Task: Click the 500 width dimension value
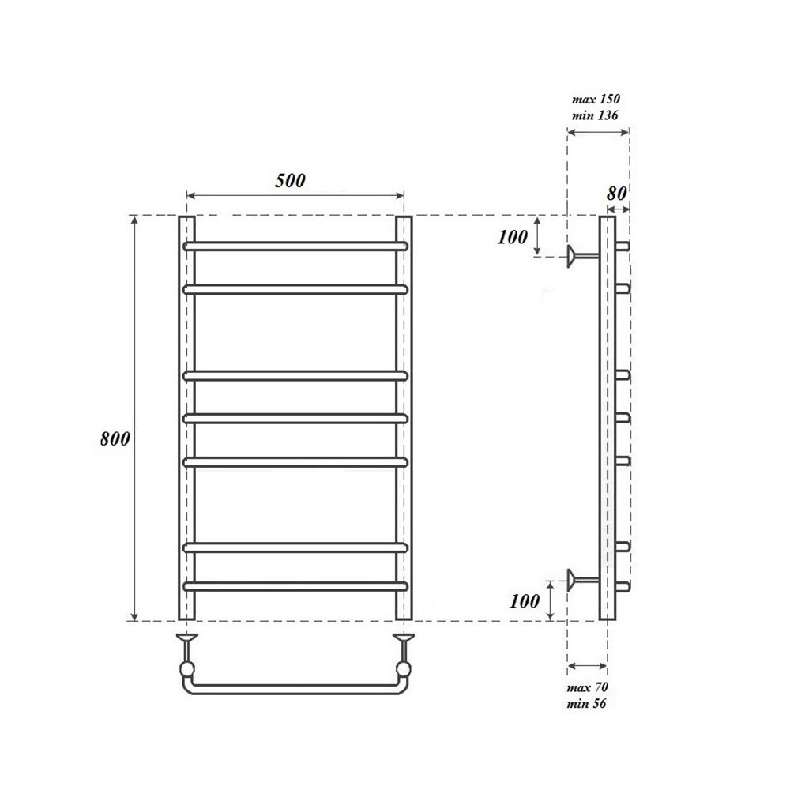click(x=290, y=180)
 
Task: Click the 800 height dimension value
click(x=115, y=440)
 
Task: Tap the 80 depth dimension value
click(x=616, y=192)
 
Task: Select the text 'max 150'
click(x=596, y=100)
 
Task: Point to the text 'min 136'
click(x=596, y=115)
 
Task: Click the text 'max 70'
click(x=586, y=688)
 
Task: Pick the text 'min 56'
click(x=586, y=703)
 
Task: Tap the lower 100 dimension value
click(x=525, y=600)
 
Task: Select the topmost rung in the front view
click(x=295, y=246)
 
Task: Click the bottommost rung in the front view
click(x=295, y=586)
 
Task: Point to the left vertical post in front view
click(x=186, y=418)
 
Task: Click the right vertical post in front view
click(x=404, y=418)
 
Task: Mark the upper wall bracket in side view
click(x=581, y=254)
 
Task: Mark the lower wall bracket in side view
click(x=581, y=581)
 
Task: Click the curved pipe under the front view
click(x=295, y=688)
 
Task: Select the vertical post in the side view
click(x=607, y=418)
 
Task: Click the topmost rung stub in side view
click(x=623, y=246)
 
